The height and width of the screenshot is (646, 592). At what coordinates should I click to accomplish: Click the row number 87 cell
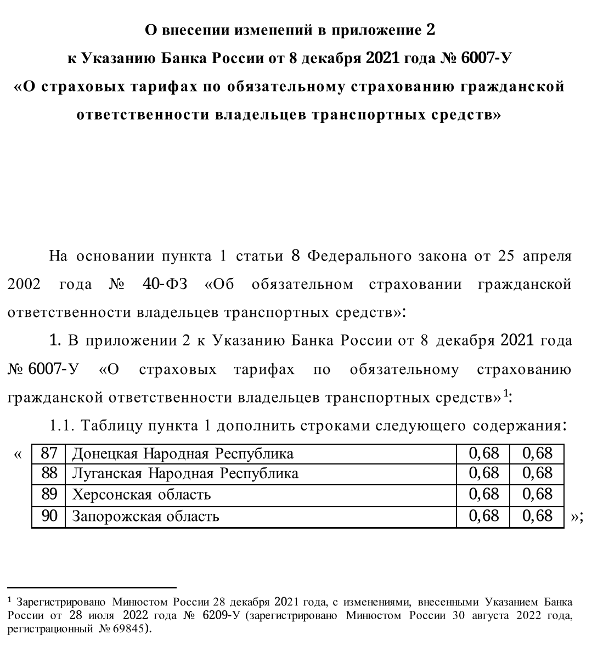[49, 453]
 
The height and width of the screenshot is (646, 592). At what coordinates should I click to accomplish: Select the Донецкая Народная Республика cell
[183, 454]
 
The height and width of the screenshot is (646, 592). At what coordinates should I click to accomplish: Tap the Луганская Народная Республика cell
[185, 473]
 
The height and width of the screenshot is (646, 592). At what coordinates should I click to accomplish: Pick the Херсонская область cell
[142, 495]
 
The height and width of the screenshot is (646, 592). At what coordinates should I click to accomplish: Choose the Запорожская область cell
[146, 516]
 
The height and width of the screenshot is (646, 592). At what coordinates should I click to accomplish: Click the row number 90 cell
[49, 516]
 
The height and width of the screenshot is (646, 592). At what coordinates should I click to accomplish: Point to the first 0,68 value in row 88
[483, 473]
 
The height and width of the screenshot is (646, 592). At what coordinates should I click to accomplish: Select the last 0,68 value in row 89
[537, 495]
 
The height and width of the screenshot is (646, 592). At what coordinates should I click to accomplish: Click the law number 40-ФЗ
[165, 284]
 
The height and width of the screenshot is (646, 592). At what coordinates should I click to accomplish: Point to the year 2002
[25, 284]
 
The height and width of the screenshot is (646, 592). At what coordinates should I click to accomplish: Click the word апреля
[546, 256]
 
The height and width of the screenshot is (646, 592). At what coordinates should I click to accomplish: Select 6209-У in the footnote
[222, 615]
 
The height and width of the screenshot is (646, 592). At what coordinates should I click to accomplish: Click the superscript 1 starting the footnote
[10, 600]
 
